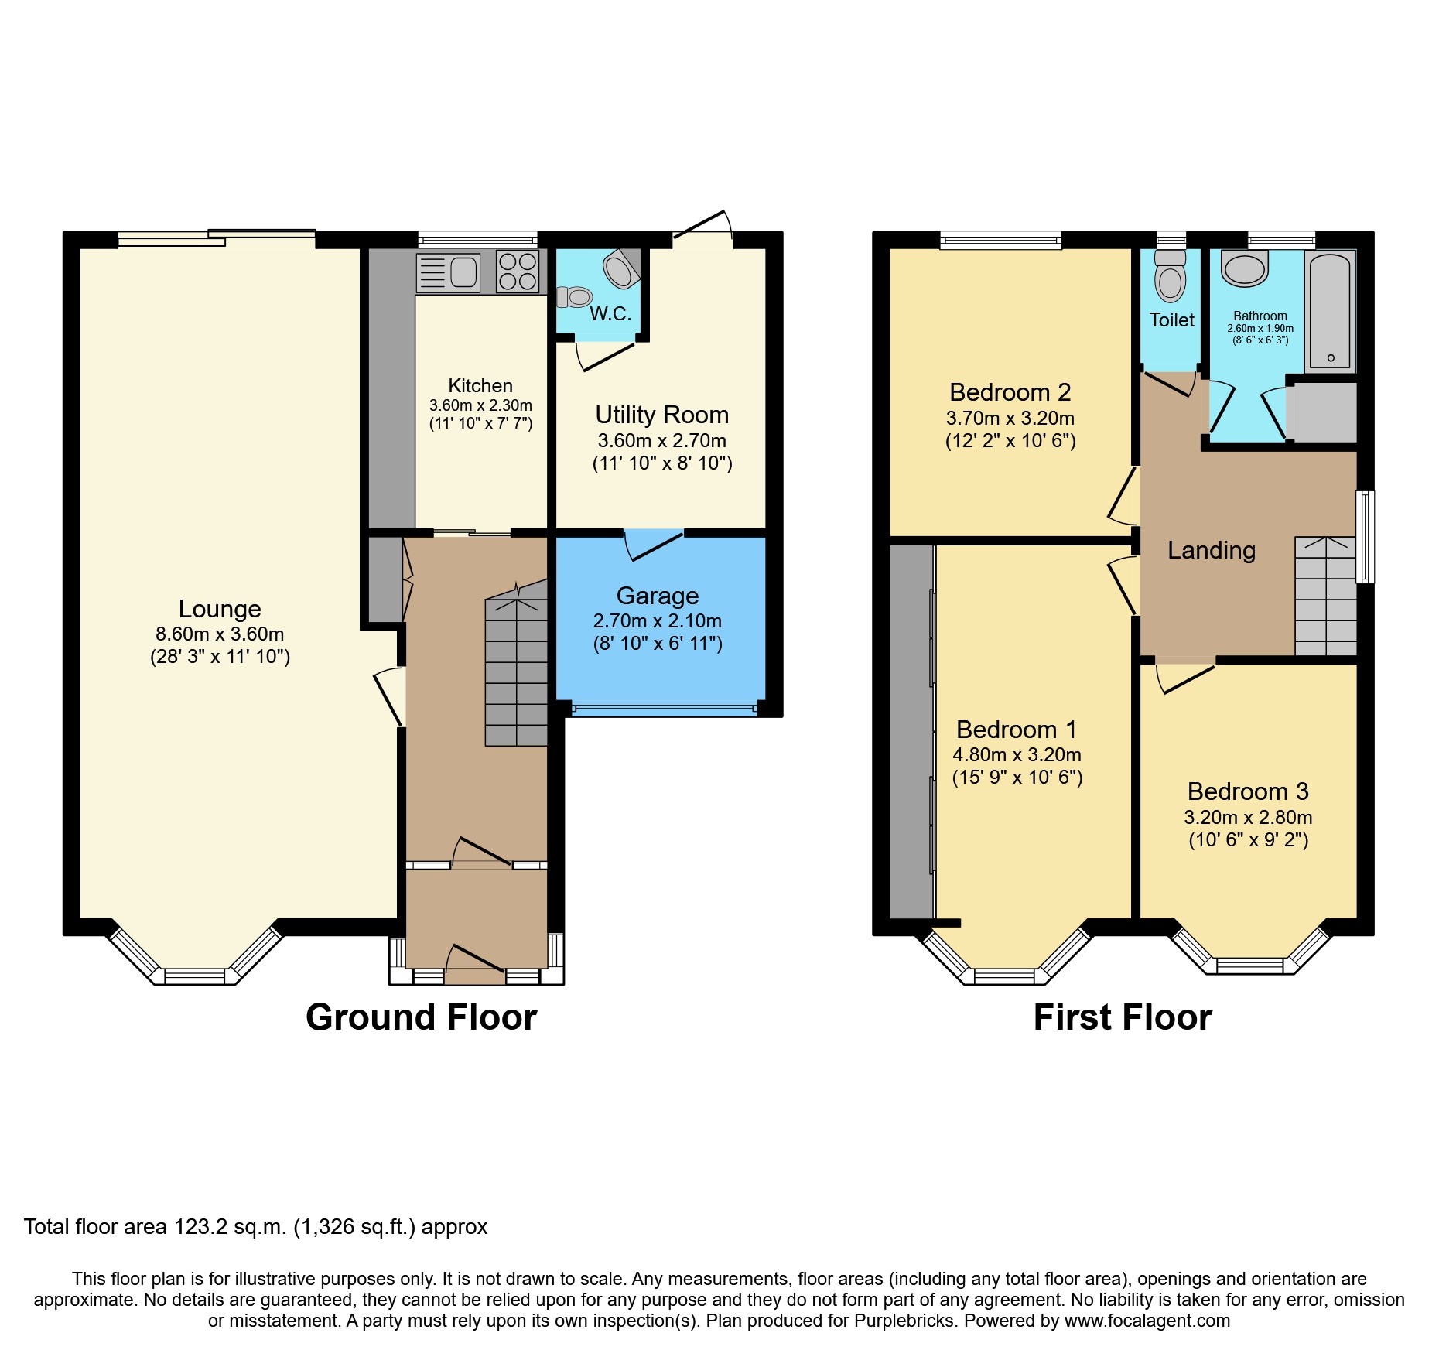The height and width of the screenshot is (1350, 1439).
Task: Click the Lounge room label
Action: [220, 609]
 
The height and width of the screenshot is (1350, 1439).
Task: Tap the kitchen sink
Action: [449, 272]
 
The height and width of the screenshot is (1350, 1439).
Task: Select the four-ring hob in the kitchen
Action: [518, 272]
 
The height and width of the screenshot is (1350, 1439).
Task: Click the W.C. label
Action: [610, 313]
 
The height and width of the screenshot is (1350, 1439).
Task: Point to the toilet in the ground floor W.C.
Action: [575, 296]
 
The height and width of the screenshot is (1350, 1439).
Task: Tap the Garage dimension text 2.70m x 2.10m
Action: [657, 620]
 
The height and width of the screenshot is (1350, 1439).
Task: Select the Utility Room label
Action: [661, 415]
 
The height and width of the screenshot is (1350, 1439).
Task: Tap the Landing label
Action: [1211, 550]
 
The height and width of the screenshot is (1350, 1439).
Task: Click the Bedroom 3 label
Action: [1247, 791]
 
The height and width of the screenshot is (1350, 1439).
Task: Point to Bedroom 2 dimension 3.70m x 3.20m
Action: [1010, 418]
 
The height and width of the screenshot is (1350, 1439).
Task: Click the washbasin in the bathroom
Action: [1244, 268]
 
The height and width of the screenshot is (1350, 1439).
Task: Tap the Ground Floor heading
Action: [421, 1017]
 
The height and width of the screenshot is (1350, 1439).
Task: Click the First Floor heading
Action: [1122, 1017]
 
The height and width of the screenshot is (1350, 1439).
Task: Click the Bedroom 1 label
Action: [1016, 730]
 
